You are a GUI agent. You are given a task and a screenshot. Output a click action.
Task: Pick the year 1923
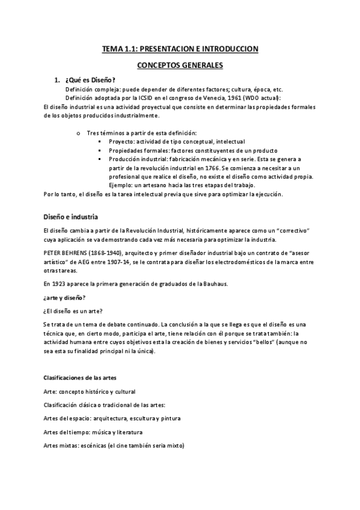62,283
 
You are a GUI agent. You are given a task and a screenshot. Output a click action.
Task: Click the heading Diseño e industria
71,217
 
